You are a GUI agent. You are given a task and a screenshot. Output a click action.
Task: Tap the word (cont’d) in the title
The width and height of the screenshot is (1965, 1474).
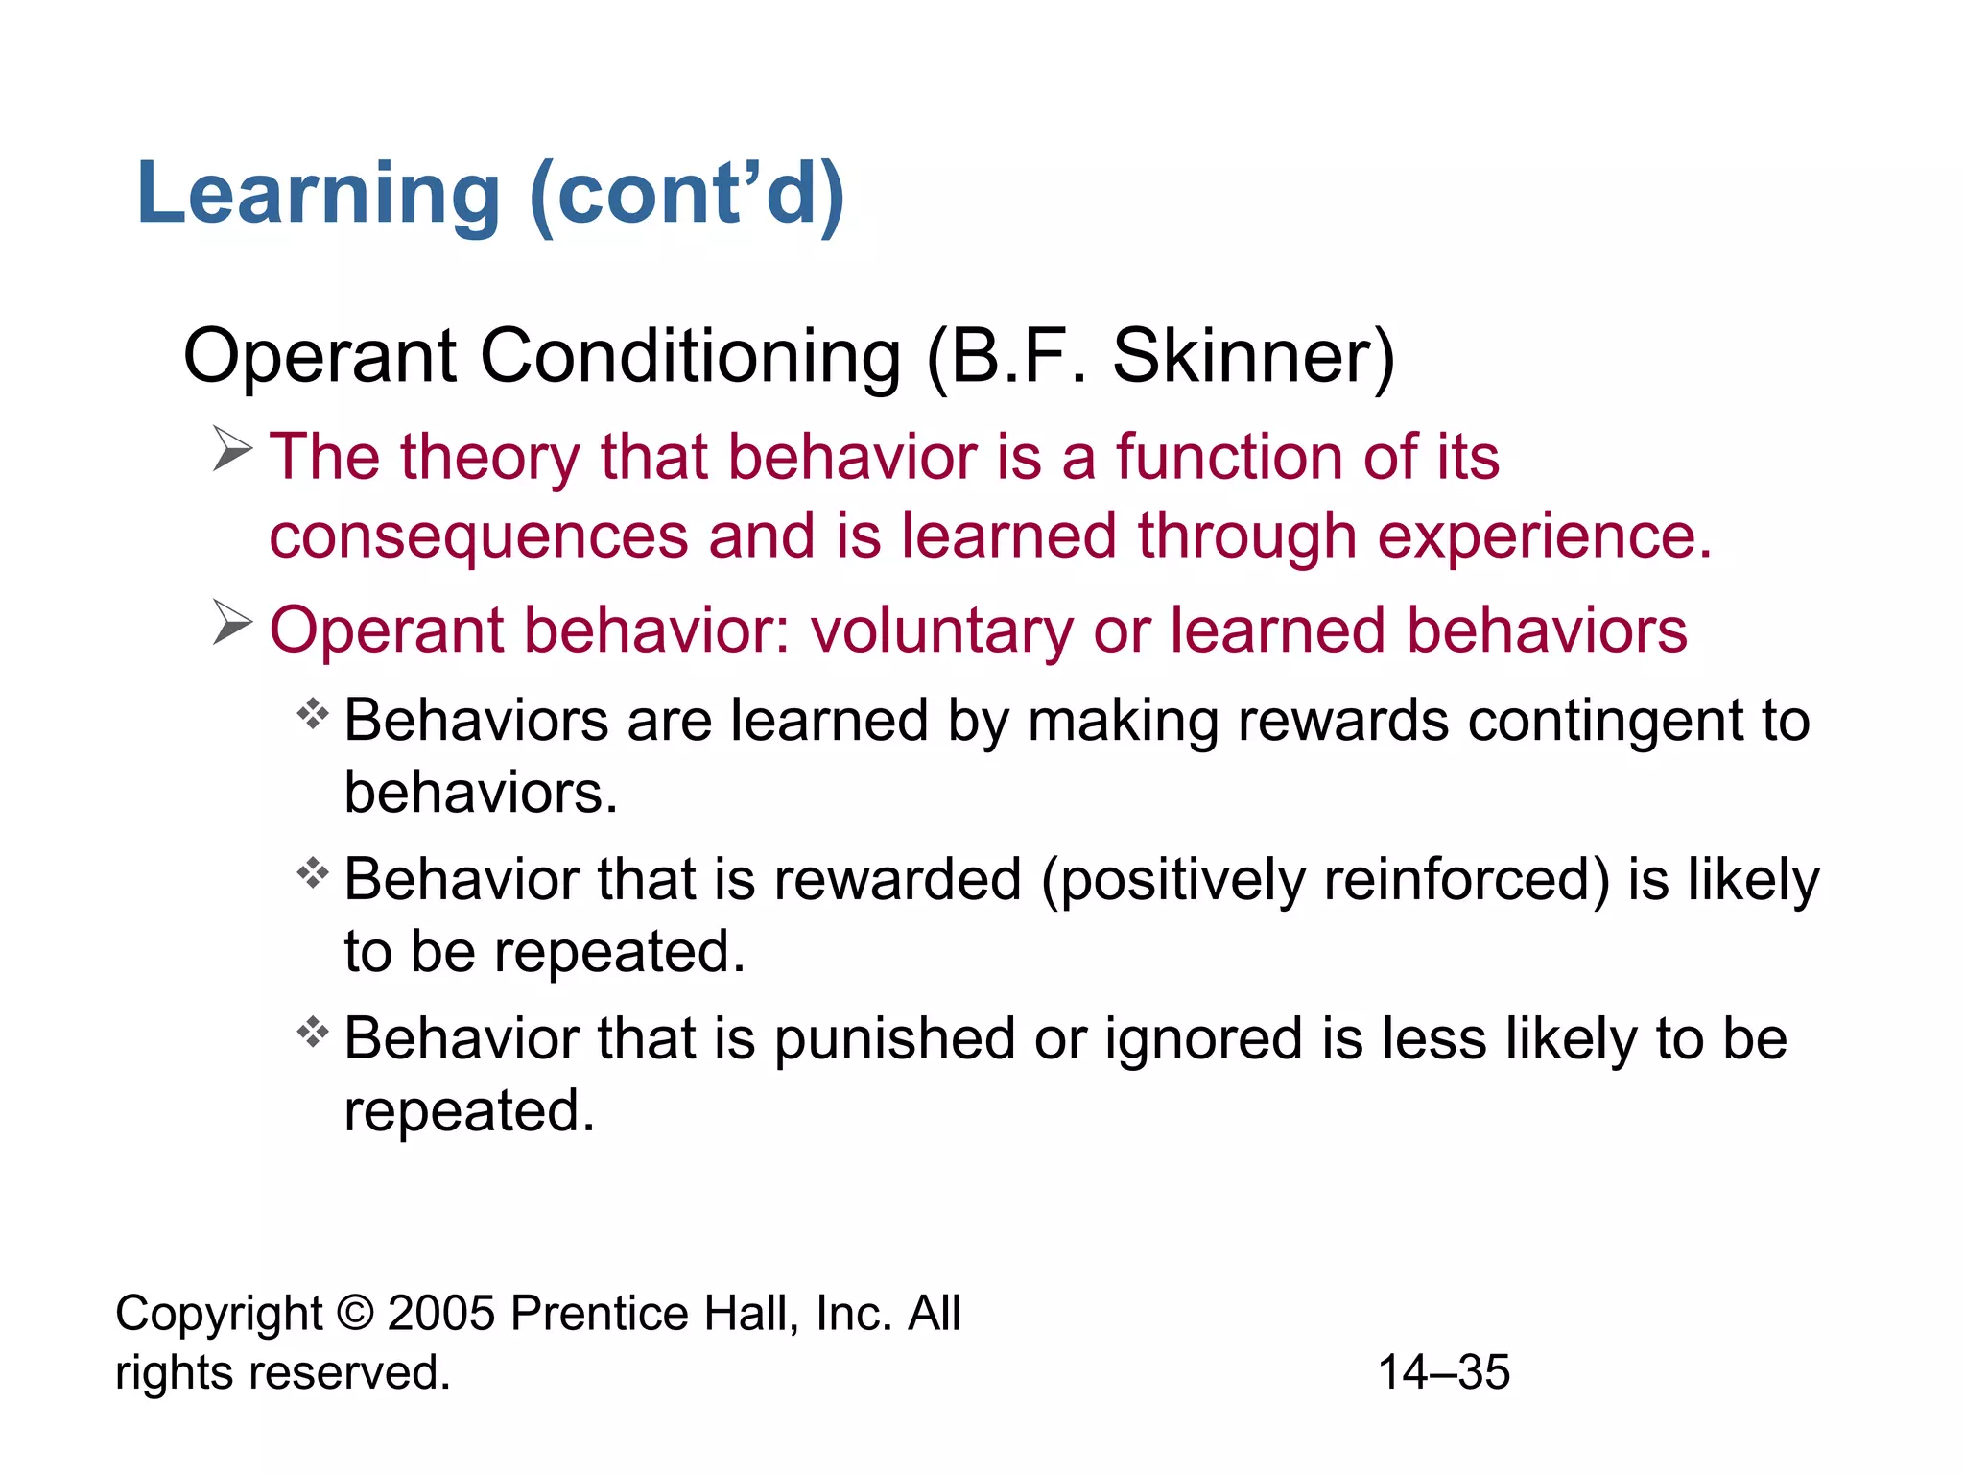point(687,195)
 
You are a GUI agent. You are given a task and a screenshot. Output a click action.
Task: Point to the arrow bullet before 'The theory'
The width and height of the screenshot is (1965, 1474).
point(232,449)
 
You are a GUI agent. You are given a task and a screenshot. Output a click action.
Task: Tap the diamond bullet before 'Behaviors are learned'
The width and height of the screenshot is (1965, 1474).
point(313,714)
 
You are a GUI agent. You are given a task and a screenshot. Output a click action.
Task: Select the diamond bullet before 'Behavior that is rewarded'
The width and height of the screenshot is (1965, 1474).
point(313,873)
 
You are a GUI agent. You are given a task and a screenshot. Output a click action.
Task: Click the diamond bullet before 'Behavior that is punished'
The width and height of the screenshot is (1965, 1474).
point(313,1033)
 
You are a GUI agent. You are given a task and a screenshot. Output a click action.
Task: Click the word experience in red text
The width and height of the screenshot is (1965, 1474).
point(1544,536)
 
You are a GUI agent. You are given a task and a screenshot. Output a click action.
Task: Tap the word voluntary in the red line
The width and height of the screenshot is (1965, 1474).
point(941,631)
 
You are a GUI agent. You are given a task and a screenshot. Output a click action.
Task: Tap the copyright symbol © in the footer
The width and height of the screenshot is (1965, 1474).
point(355,1313)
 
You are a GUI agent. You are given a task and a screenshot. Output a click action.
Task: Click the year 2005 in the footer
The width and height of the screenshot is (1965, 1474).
point(441,1313)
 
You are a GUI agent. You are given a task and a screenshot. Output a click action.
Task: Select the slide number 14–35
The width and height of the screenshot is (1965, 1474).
point(1444,1372)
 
